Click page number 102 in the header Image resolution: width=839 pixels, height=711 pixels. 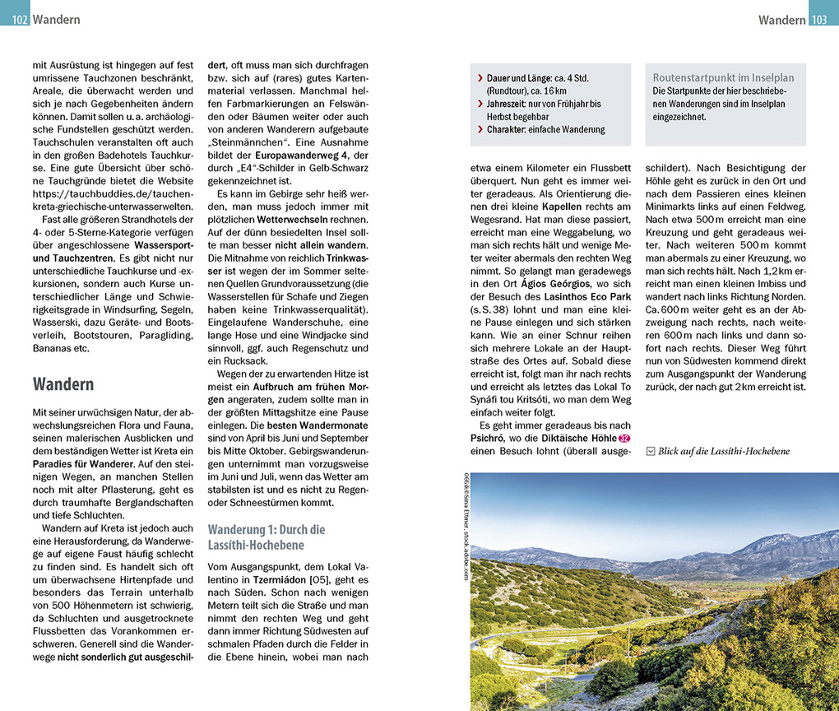(21, 20)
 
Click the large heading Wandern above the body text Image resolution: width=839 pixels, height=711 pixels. (63, 384)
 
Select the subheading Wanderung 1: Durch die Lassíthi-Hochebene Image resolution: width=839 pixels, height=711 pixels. (267, 537)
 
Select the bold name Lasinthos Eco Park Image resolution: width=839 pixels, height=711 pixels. (587, 295)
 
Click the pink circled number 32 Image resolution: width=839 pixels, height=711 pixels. (623, 437)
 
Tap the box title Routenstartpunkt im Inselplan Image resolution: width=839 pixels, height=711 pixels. (723, 77)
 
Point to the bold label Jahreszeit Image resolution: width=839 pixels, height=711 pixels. (509, 104)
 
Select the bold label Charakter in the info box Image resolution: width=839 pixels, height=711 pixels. (508, 129)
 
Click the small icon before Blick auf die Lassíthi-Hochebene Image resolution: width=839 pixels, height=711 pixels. (651, 451)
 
